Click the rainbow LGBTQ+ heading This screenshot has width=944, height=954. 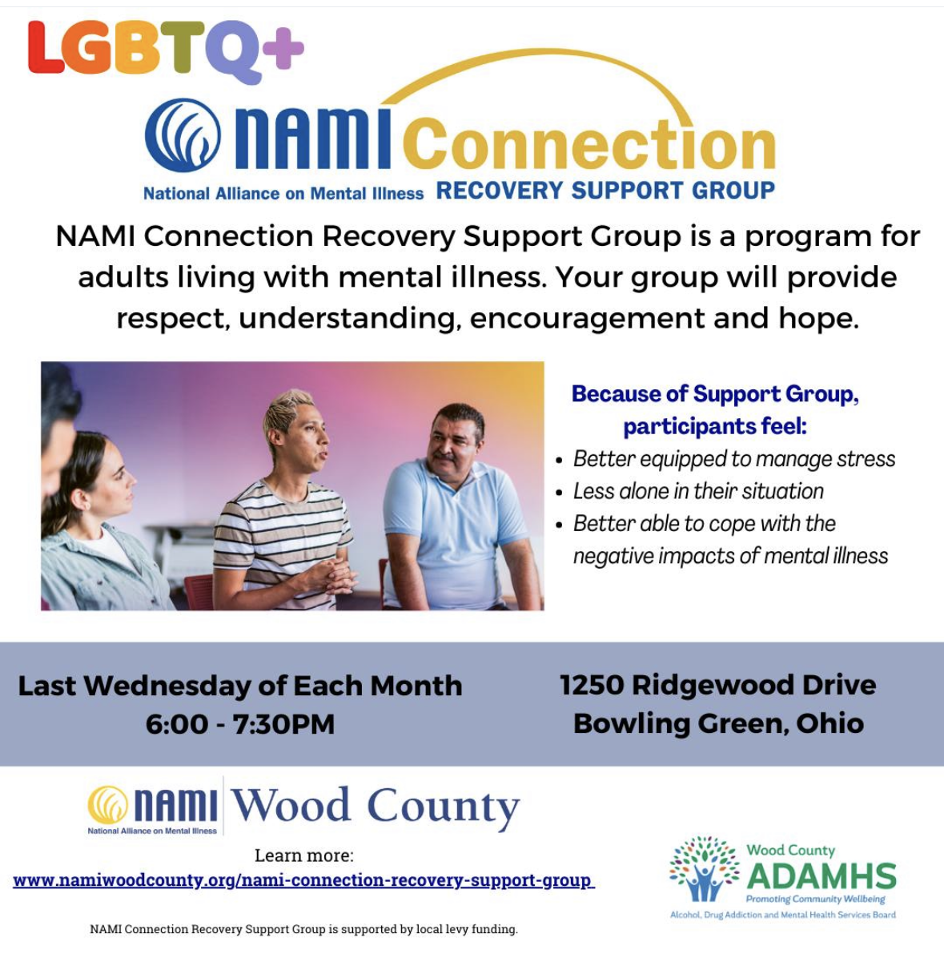(x=166, y=50)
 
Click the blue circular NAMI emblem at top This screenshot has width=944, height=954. (x=183, y=135)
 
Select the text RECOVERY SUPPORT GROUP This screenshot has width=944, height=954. (x=605, y=191)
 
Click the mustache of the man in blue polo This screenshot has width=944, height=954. (x=444, y=456)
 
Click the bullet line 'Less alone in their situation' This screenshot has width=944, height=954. (x=698, y=491)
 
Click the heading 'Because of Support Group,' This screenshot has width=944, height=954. (x=715, y=394)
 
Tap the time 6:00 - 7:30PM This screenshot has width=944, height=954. (x=240, y=724)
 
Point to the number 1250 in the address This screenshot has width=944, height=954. (x=592, y=685)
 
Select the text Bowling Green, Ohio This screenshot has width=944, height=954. (x=718, y=723)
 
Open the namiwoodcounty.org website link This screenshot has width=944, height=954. (x=303, y=880)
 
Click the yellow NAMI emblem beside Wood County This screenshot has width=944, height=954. (x=107, y=804)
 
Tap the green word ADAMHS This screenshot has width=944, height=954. (x=821, y=877)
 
